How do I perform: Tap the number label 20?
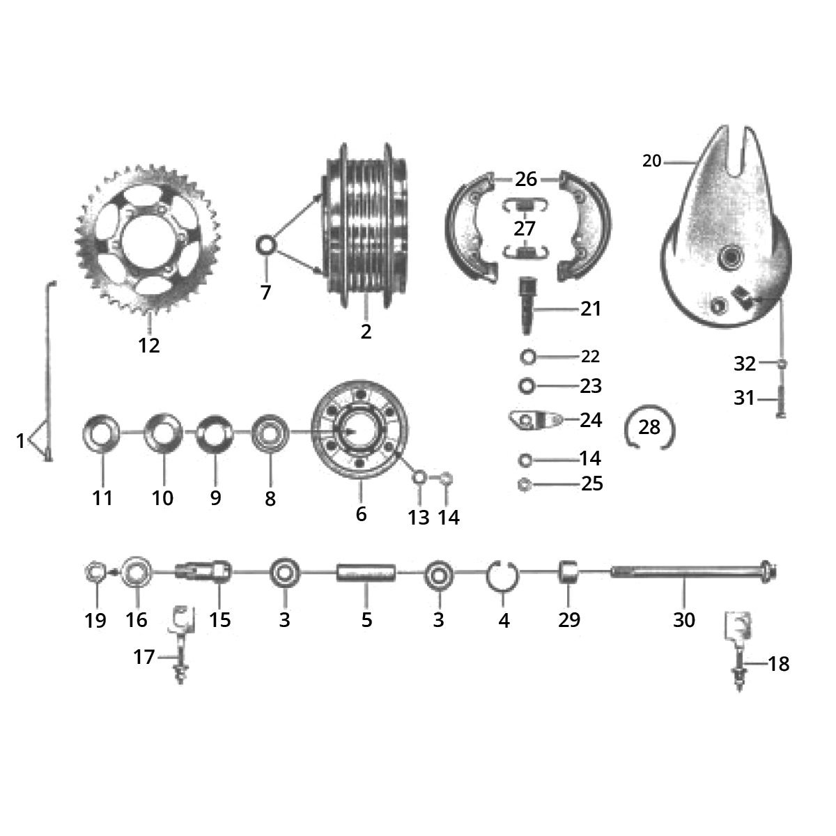pos(651,162)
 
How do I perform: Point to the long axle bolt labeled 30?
pos(690,574)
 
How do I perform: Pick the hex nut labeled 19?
pos(95,573)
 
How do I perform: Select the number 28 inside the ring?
pos(649,426)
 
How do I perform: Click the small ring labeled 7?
pos(266,246)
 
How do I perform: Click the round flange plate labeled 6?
pos(360,432)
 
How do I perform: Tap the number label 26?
pos(526,179)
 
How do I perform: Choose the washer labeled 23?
pos(527,385)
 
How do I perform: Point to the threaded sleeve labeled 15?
pos(204,574)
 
